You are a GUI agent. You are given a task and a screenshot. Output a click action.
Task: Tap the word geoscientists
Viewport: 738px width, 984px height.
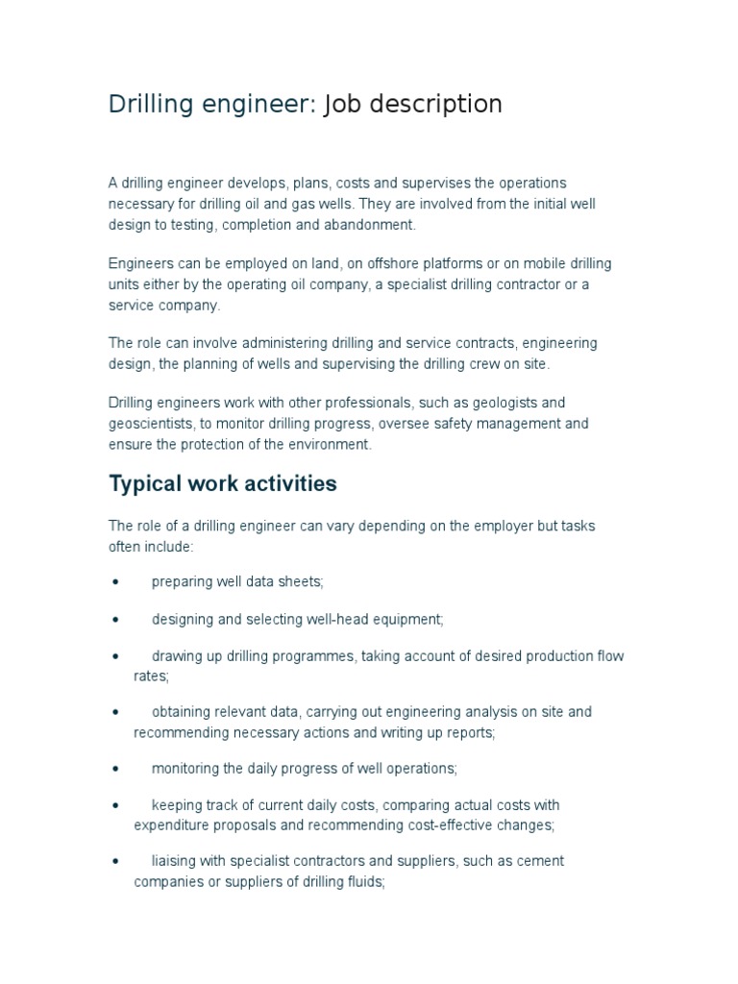[155, 424]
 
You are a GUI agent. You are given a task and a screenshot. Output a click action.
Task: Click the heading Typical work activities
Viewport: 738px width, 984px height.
[223, 483]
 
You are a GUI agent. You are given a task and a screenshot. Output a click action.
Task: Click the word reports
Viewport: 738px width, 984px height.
[468, 732]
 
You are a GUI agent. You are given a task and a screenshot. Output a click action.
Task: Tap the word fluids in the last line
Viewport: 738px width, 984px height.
[363, 882]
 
